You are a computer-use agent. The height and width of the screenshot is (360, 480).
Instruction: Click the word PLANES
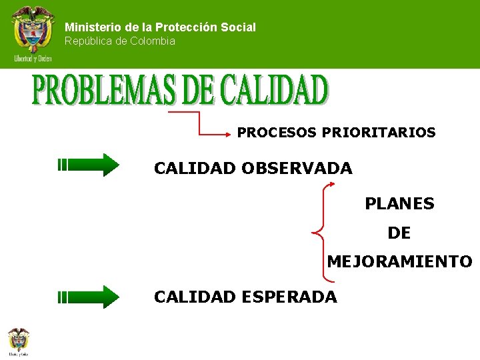399,204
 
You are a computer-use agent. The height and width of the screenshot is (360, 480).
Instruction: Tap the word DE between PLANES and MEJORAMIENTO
399,233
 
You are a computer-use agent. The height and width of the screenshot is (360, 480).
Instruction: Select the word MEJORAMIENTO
399,262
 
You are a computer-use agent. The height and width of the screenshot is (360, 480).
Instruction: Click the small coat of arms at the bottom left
19,339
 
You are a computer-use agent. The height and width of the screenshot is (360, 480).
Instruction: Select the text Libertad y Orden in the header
32,59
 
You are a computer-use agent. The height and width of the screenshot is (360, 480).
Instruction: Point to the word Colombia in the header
153,41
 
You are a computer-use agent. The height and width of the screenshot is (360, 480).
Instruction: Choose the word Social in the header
241,27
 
